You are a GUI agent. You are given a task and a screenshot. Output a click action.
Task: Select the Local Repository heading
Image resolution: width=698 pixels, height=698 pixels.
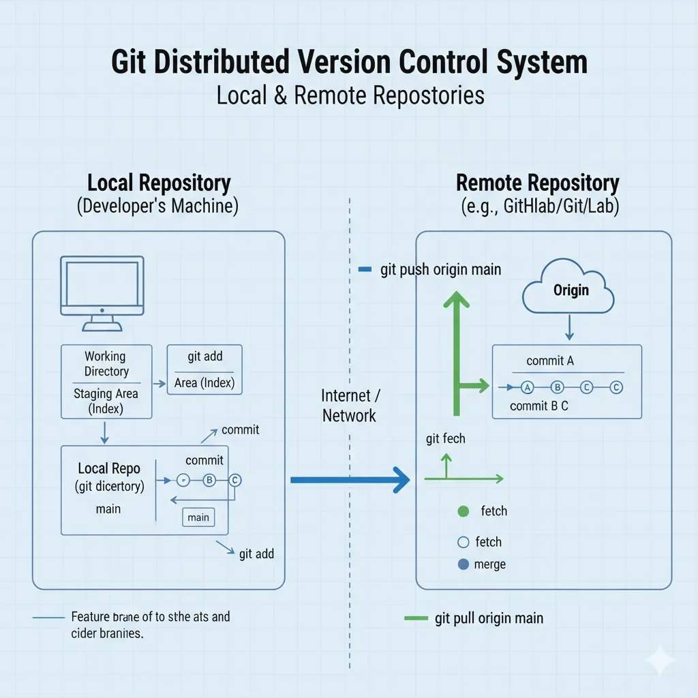[x=159, y=183]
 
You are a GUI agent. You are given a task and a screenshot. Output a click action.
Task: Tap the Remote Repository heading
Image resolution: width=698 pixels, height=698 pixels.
[x=537, y=183]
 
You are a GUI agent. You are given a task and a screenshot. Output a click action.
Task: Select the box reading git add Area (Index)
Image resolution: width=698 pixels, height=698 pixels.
[x=204, y=369]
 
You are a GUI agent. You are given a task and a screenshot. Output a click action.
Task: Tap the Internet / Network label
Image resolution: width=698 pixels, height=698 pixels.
[x=349, y=406]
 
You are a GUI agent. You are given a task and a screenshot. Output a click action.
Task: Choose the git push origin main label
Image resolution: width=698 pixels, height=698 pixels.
[x=440, y=269]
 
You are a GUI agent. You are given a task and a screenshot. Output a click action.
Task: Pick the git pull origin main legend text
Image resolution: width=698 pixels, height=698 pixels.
[x=489, y=618]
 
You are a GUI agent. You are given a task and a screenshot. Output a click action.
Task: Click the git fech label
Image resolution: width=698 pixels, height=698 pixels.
[x=445, y=438]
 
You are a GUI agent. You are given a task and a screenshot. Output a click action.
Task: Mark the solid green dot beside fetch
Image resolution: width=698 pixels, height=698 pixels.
[x=464, y=511]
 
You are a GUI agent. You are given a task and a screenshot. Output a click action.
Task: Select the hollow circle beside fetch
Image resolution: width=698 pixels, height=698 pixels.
[x=464, y=543]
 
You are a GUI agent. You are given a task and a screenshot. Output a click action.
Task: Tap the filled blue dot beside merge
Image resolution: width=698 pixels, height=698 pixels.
[x=464, y=564]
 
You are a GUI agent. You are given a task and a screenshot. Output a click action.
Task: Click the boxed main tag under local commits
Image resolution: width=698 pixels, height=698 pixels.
[x=198, y=517]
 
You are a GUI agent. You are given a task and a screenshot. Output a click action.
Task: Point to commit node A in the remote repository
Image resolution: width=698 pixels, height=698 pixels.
[x=526, y=387]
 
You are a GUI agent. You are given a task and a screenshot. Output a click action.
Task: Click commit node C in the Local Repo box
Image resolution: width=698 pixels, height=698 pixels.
[x=235, y=480]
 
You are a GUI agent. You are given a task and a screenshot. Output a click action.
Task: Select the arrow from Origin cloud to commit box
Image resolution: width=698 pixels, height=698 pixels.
[x=569, y=329]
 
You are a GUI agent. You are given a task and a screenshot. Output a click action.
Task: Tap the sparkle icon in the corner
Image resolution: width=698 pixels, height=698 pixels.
[x=660, y=660]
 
